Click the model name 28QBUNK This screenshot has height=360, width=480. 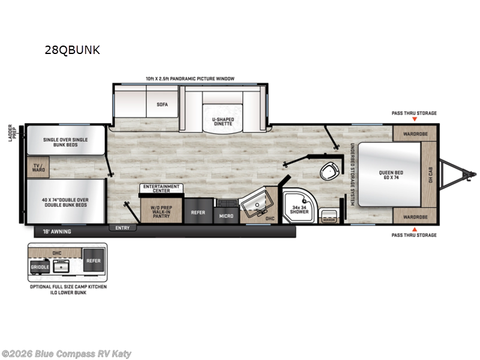point(71,50)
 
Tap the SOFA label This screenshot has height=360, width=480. point(162,104)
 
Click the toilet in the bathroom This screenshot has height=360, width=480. point(328,172)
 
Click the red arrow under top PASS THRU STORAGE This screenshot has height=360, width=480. point(414,120)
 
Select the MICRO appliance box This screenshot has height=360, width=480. point(226,214)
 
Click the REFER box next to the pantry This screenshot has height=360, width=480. point(198,212)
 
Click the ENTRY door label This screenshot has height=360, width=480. point(123,228)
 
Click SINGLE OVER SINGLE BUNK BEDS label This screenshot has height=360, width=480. point(65,143)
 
